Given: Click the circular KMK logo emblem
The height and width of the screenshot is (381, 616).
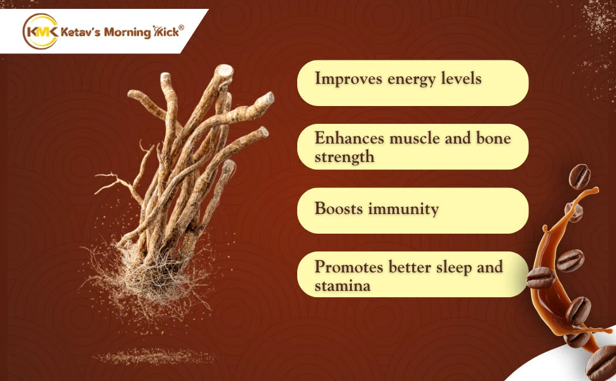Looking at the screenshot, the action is pyautogui.click(x=41, y=31).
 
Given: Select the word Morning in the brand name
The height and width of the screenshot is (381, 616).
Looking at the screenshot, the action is pyautogui.click(x=127, y=32).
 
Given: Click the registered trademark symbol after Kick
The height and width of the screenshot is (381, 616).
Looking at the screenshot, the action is pyautogui.click(x=181, y=27).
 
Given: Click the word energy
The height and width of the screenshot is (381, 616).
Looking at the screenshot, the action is pyautogui.click(x=412, y=80).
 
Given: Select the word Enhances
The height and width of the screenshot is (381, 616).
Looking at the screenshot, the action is pyautogui.click(x=349, y=138).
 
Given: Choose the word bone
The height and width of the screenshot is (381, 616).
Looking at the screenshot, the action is pyautogui.click(x=493, y=138).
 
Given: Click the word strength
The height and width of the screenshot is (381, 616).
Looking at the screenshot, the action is pyautogui.click(x=344, y=157).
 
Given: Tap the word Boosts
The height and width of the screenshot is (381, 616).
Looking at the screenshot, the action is pyautogui.click(x=338, y=208).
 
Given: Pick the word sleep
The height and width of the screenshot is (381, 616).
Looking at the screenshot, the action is pyautogui.click(x=454, y=268).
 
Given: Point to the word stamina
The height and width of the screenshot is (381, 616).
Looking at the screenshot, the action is pyautogui.click(x=342, y=286).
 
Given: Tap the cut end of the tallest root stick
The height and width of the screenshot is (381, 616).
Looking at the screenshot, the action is pyautogui.click(x=224, y=71).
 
